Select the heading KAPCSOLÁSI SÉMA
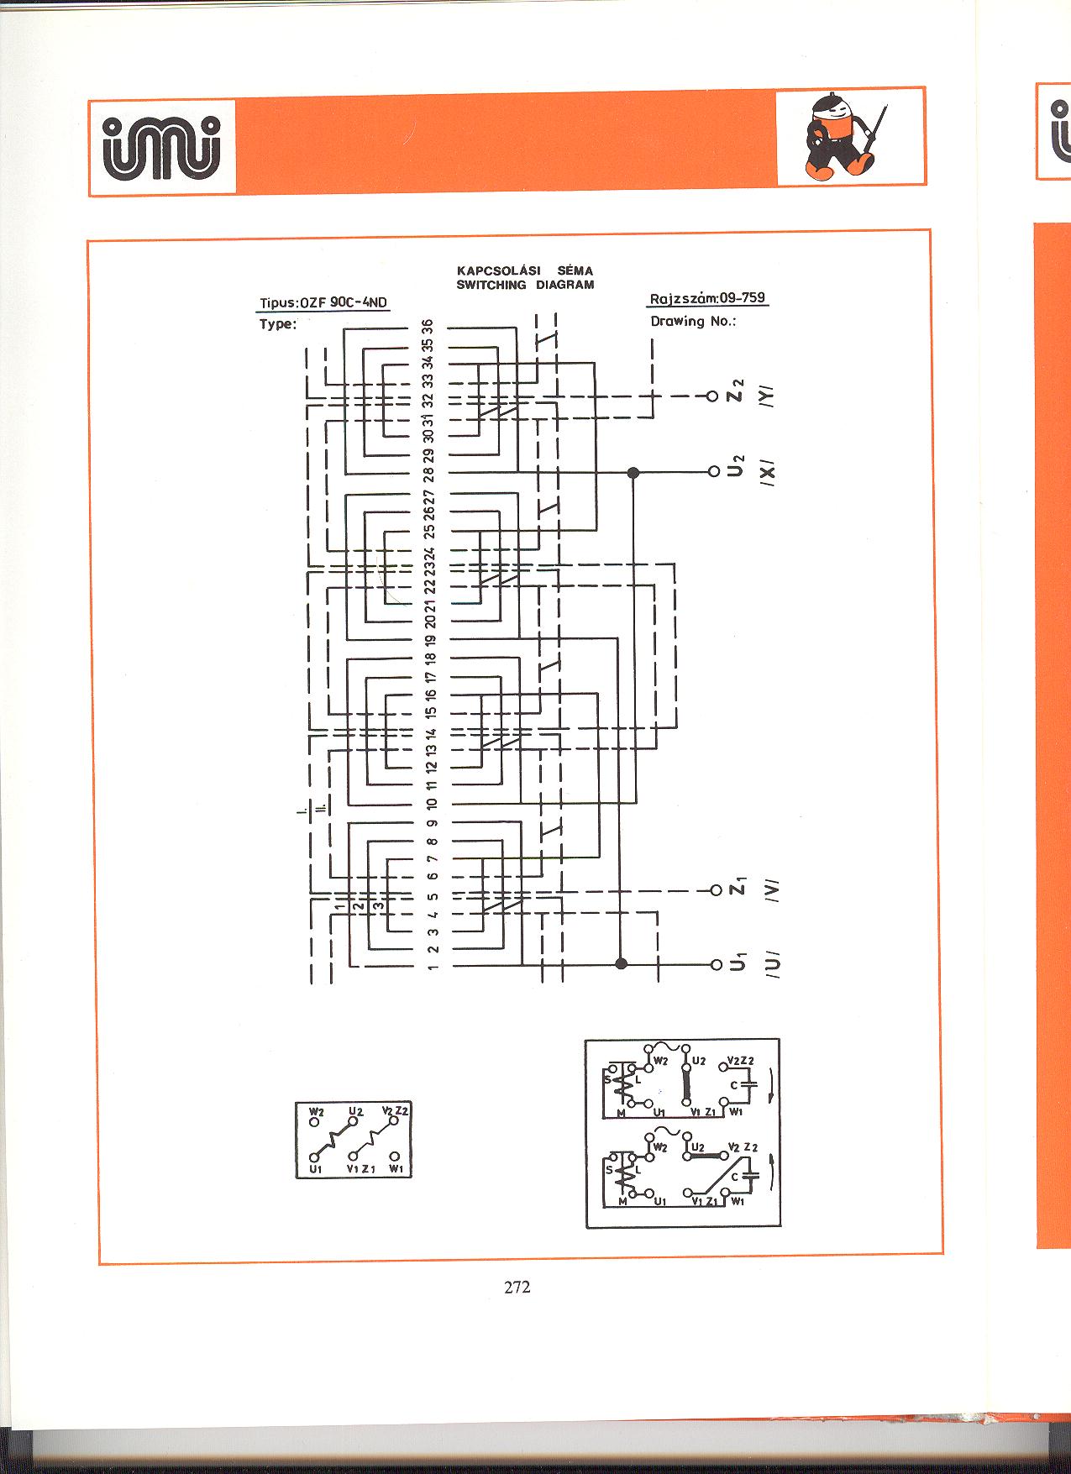(x=525, y=271)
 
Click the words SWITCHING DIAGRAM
(x=525, y=285)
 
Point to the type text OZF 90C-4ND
(x=344, y=302)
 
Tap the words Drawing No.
(x=693, y=321)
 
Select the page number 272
(x=517, y=1286)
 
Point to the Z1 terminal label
(x=738, y=888)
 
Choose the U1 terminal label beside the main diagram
(x=738, y=963)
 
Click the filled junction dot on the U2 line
(x=633, y=472)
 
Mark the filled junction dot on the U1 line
(x=622, y=963)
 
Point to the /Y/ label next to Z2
(x=769, y=396)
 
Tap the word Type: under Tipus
(x=278, y=324)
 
